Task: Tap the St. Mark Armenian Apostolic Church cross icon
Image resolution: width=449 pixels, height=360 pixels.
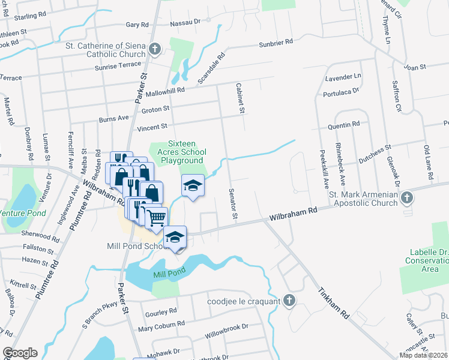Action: point(408,197)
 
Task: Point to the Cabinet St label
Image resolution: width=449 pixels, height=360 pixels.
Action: point(241,98)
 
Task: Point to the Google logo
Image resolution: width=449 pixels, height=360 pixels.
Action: point(20,353)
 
